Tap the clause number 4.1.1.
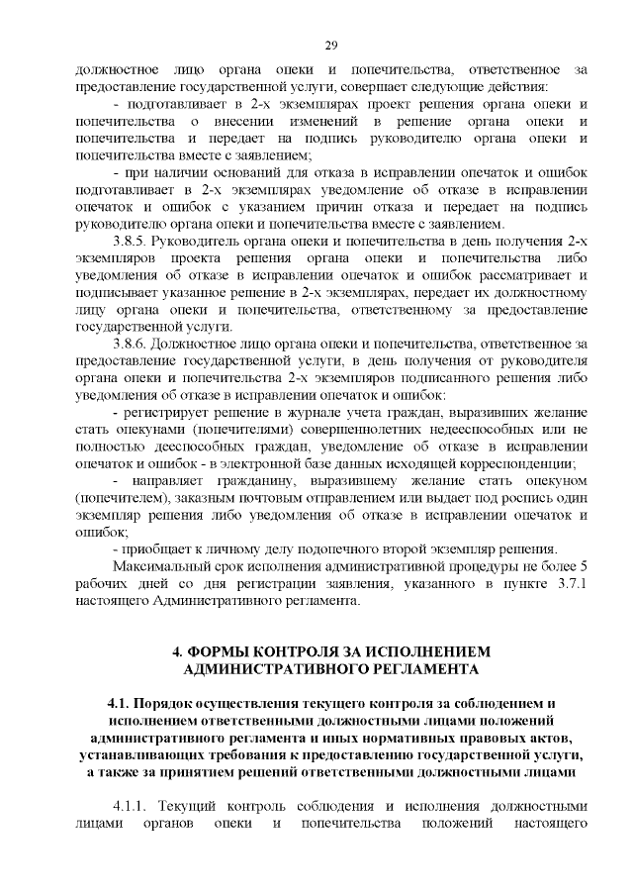135,805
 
